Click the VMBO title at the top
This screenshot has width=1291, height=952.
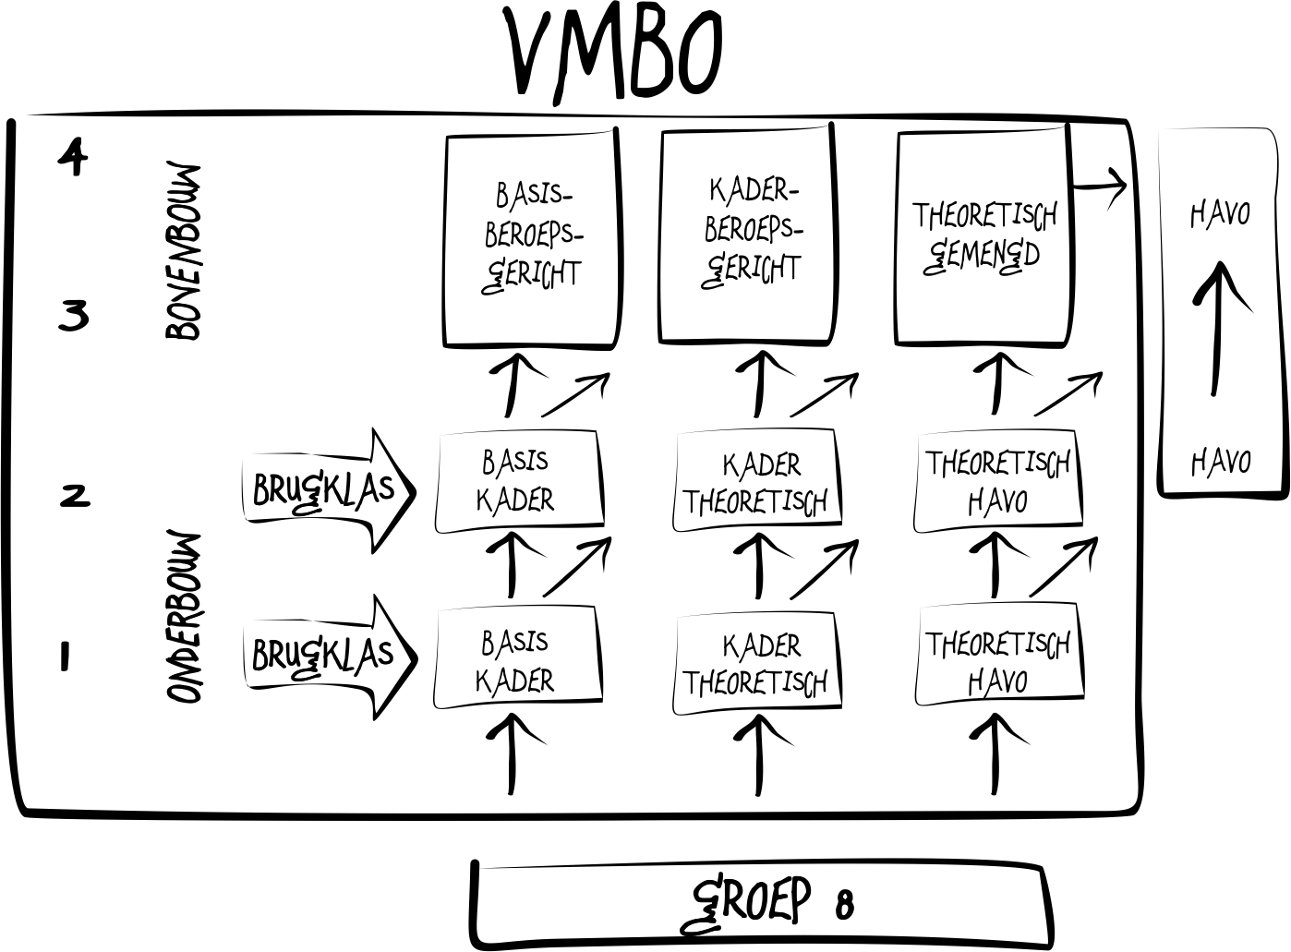coord(614,53)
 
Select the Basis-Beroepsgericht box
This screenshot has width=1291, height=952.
coord(531,239)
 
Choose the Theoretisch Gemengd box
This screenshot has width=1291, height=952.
coord(983,237)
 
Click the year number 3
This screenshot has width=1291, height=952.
coord(73,316)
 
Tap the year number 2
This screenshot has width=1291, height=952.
coord(75,495)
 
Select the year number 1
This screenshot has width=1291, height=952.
coord(65,657)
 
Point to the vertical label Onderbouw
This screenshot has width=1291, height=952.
coord(184,616)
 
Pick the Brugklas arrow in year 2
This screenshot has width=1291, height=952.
coord(328,490)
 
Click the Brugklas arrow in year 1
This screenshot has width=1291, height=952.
coord(328,657)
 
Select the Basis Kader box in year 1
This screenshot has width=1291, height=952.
coord(517,659)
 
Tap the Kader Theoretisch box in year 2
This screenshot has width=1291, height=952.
coord(757,482)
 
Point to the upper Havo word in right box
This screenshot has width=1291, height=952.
coord(1220,214)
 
